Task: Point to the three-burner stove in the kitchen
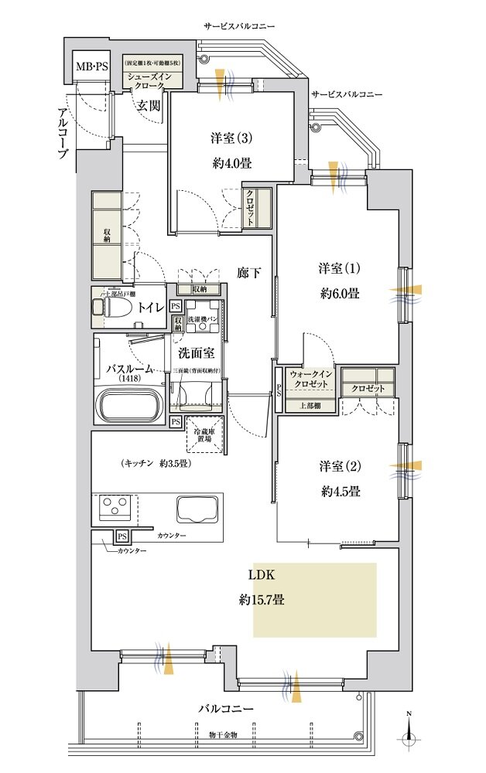click(115, 508)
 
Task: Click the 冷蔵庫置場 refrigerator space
click(207, 433)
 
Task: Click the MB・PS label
click(92, 66)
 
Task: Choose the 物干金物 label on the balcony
click(221, 734)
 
